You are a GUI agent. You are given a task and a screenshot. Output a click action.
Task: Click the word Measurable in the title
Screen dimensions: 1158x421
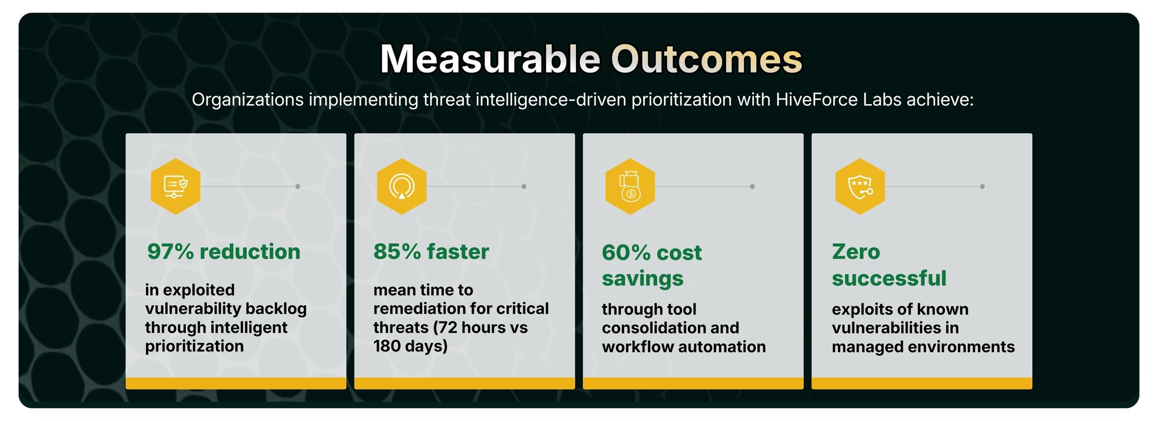click(490, 59)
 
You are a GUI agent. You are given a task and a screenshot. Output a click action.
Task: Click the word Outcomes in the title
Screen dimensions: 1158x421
click(706, 59)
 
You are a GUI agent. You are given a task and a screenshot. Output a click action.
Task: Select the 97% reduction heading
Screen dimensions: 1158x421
click(223, 252)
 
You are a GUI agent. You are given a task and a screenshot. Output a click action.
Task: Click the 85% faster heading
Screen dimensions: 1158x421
click(431, 252)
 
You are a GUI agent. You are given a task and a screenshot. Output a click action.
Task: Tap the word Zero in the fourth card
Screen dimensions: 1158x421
click(856, 252)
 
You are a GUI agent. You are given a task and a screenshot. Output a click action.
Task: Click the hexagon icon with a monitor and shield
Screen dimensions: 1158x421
click(175, 186)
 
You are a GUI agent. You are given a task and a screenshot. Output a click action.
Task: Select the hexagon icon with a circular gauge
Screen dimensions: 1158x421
click(402, 186)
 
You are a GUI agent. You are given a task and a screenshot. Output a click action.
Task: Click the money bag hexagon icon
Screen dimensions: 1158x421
click(630, 186)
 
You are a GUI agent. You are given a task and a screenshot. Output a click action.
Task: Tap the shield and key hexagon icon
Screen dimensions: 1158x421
click(860, 186)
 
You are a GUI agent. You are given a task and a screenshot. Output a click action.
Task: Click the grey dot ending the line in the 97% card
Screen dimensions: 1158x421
click(298, 186)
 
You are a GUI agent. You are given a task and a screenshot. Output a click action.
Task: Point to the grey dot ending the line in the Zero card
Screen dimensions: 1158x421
click(982, 186)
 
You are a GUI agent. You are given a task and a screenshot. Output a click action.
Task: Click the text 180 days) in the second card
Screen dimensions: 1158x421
click(411, 346)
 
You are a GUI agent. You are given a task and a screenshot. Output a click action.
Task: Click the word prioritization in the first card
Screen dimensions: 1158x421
click(195, 346)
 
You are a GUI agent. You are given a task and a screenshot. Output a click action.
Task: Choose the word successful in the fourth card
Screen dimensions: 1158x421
click(889, 279)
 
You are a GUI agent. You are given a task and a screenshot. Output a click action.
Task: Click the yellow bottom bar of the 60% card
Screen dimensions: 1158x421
click(693, 383)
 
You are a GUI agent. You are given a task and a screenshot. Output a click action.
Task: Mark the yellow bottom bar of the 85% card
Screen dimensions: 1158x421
click(464, 383)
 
